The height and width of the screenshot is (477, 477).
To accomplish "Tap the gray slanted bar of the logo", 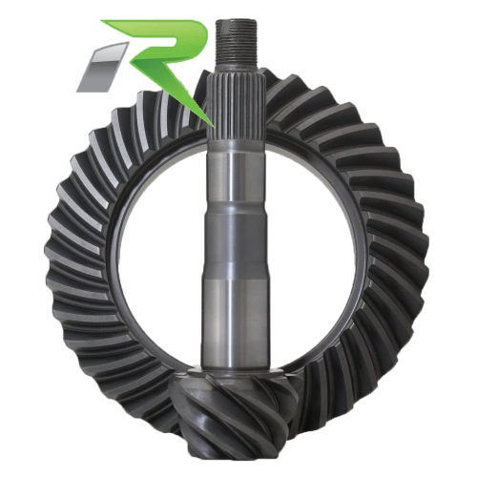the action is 102,67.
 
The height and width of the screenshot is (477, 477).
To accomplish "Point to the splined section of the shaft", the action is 236,105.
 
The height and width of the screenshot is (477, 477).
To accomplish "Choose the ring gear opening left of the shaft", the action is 159,255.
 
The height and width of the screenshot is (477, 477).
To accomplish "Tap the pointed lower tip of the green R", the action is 213,125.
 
